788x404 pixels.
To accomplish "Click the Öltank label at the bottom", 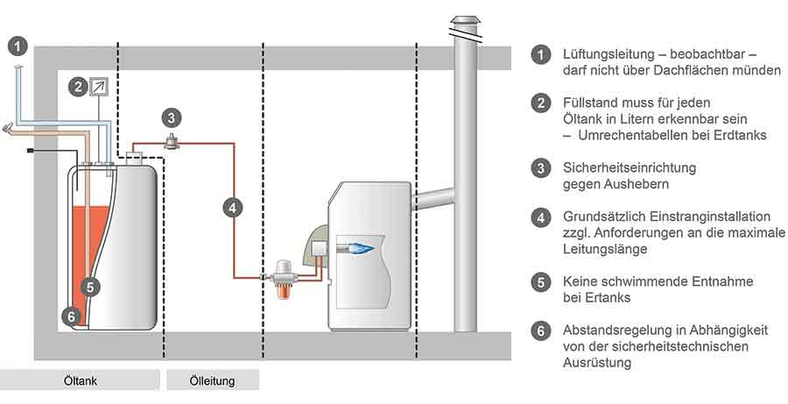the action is (x=81, y=380).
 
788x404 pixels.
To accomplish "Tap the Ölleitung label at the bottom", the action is (x=212, y=381).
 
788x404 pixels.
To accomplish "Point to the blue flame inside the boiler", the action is (x=357, y=247).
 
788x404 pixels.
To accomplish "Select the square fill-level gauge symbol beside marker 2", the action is (x=99, y=87).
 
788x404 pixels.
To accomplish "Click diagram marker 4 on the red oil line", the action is (x=232, y=208).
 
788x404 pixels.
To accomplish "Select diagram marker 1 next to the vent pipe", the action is (x=18, y=47).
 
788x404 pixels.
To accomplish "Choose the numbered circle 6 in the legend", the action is (x=541, y=331).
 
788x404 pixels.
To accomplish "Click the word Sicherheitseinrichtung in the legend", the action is (x=630, y=167).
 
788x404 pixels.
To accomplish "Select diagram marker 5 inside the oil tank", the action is (x=89, y=287).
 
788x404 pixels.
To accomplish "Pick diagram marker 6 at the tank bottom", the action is (x=71, y=316).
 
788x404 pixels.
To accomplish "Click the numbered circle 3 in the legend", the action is (x=541, y=168).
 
